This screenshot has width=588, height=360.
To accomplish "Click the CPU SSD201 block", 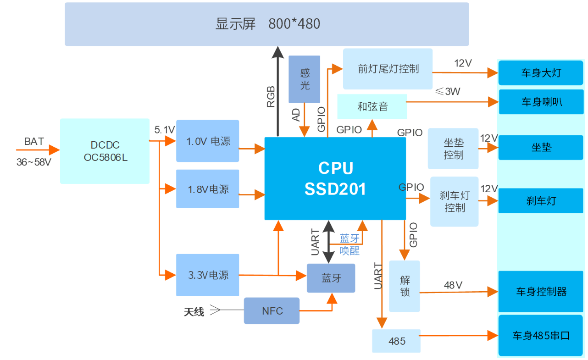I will pos(335,178).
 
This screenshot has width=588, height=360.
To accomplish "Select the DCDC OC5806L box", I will pos(105,151).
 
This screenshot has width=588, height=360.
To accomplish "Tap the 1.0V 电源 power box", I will pos(208,141).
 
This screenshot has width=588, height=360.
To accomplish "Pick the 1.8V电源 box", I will pos(208,189).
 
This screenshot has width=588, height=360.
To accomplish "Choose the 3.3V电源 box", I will pos(208,275).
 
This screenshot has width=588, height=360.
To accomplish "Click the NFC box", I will pos(272,311).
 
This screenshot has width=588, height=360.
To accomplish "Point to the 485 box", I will pos(396,341).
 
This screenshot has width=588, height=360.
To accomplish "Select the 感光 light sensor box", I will pos(305,79).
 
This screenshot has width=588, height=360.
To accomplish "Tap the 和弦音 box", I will pos(372,107).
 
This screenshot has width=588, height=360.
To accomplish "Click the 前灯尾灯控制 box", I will pos(388,69).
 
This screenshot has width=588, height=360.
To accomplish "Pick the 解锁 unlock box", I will pos(405,286).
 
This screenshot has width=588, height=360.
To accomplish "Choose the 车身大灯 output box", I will pos(541,73).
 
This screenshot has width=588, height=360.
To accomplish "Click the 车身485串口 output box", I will pos(541,336).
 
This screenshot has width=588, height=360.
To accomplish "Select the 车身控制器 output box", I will pos(541,292).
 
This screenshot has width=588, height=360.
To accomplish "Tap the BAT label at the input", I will pos(34,141).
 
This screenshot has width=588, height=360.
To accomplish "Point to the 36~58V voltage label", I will pos(33,162).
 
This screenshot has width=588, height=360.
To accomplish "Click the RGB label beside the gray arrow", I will pos(271,97).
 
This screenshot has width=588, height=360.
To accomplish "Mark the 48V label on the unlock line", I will pos(453,285).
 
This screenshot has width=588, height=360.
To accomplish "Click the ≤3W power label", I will pos(448,92).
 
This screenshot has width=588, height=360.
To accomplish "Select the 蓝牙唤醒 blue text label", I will pos(349,245).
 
